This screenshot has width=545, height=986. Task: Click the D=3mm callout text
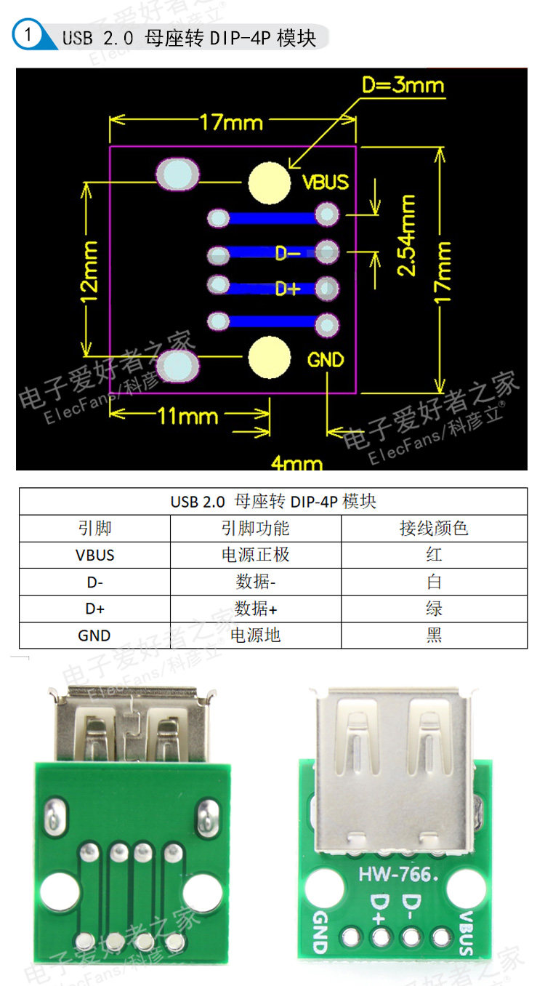tap(403, 86)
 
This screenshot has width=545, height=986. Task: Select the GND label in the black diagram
tap(325, 360)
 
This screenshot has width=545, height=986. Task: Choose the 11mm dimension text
tap(188, 417)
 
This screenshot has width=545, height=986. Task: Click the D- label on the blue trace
tap(288, 253)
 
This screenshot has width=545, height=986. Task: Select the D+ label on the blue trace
tap(288, 289)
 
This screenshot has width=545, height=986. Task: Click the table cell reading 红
tap(434, 555)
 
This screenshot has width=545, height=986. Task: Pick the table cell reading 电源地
tap(255, 636)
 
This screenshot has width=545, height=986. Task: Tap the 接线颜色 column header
tap(434, 528)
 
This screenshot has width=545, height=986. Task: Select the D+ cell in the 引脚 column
tap(94, 609)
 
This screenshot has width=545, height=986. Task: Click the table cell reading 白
tap(434, 582)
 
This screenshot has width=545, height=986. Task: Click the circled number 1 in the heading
tap(28, 35)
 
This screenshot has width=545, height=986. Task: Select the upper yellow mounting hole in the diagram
tap(269, 183)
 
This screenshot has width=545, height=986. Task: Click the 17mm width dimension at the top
tap(231, 122)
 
